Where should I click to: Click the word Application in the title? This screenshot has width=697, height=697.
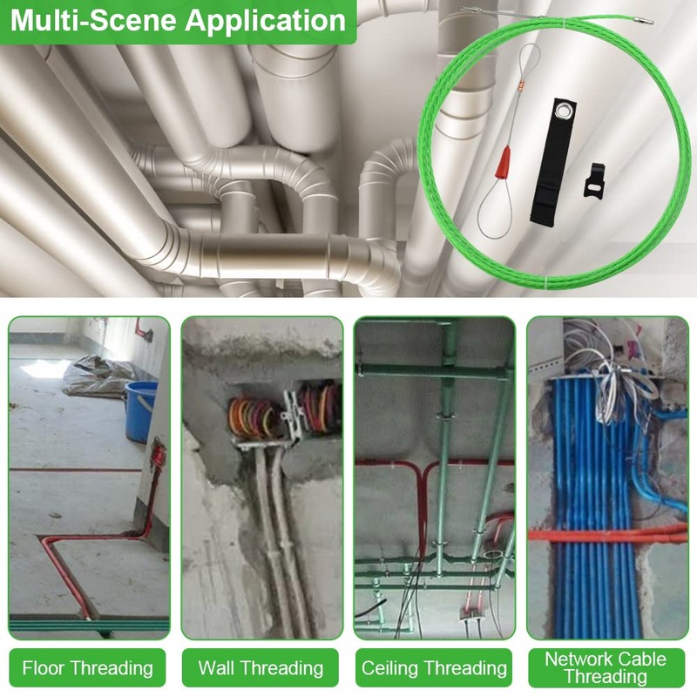click(266, 21)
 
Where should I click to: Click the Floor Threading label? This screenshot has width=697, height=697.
click(88, 668)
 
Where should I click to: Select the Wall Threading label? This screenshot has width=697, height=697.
click(261, 668)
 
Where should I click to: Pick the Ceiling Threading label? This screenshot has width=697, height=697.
click(434, 668)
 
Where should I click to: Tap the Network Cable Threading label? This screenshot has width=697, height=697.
click(606, 667)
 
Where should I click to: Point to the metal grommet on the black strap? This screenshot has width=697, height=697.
click(565, 109)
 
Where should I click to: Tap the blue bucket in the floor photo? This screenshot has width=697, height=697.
click(140, 411)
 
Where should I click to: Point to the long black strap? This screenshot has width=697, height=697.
click(553, 160)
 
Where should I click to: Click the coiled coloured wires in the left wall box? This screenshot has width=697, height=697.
click(252, 417)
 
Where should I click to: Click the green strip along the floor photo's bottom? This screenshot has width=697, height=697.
click(89, 624)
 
